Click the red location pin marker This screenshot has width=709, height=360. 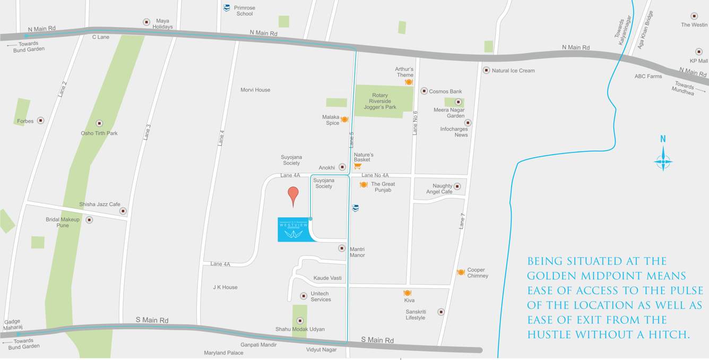293,195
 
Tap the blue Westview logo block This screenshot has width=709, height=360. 295,229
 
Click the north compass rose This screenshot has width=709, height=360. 663,160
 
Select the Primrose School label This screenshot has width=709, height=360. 244,11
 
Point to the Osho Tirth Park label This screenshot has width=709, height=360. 99,133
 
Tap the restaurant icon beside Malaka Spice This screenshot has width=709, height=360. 344,119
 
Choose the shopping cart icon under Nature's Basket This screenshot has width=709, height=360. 358,166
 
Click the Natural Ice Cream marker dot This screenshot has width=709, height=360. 486,70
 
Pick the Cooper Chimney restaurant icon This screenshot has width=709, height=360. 461,272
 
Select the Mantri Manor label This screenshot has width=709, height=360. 357,252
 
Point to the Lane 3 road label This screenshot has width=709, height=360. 147,132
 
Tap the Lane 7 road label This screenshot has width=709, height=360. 462,220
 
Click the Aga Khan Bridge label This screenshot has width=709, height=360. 645,30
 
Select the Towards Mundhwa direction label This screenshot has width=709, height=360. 684,88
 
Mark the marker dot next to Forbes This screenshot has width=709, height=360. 40,121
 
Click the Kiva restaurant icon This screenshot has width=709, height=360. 408,293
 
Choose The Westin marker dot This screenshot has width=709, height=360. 694,16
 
